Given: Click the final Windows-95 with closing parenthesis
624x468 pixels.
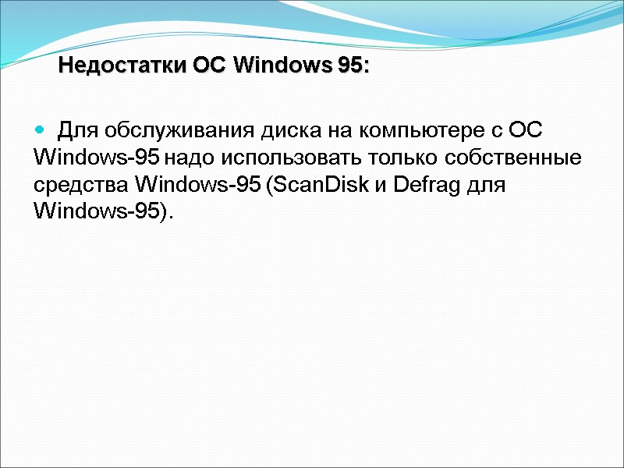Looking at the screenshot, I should tap(101, 213).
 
